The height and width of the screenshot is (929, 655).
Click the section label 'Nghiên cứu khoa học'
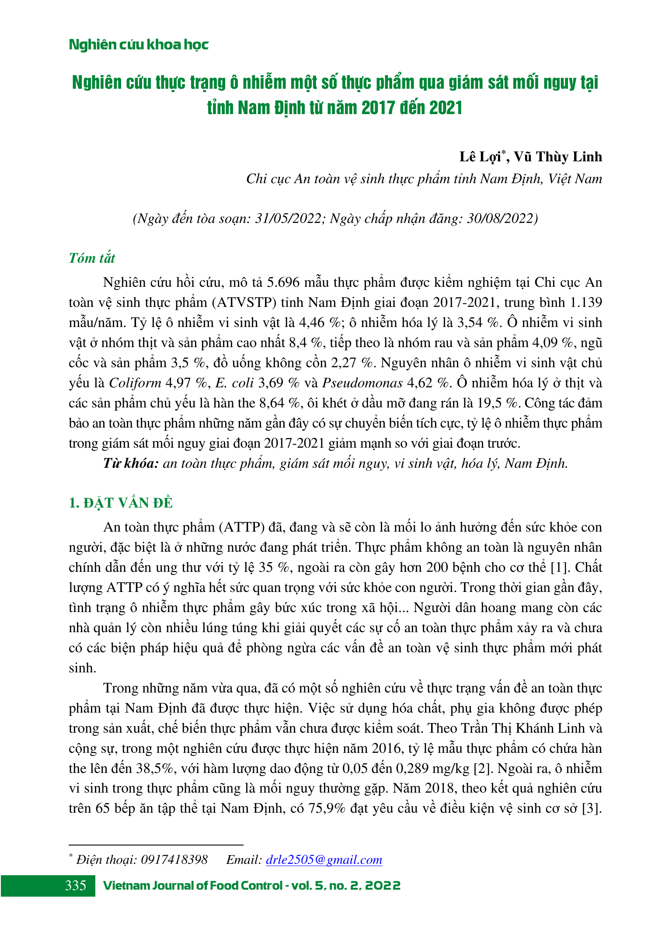click(x=139, y=45)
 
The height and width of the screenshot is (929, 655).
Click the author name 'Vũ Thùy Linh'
click(x=557, y=157)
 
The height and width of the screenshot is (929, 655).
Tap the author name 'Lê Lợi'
click(x=480, y=157)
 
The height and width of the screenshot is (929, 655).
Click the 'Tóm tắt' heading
click(x=92, y=258)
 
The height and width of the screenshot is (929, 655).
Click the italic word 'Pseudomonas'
click(x=362, y=383)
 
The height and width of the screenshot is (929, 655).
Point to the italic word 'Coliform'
click(x=135, y=383)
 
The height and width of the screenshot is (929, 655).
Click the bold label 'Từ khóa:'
click(x=131, y=463)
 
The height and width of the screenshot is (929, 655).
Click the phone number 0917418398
click(x=174, y=860)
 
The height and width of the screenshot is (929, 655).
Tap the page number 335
click(x=76, y=886)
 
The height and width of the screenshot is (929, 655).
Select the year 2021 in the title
click(x=446, y=108)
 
